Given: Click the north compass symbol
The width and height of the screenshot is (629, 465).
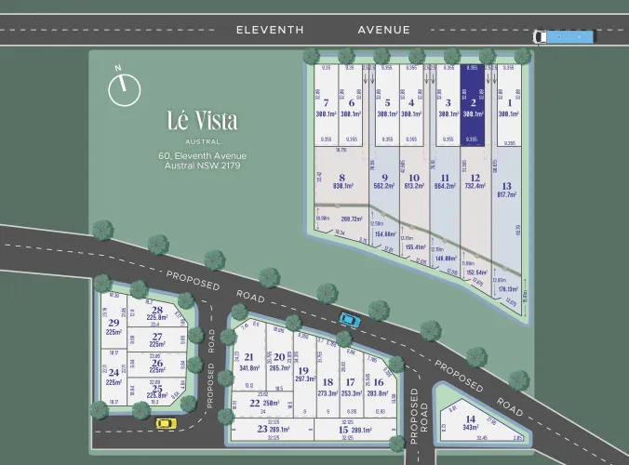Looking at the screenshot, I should [x=124, y=88].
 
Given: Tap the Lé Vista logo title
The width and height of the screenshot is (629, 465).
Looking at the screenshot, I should [x=202, y=121].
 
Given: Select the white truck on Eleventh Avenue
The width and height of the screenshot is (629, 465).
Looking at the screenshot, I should [x=563, y=37].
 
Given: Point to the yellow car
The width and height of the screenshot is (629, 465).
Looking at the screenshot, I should [x=165, y=423].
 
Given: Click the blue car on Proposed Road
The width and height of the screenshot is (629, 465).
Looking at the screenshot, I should [x=349, y=319].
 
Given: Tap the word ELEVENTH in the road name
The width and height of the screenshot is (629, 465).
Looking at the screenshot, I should [x=270, y=30].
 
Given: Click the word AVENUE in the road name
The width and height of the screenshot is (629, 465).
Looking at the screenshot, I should [x=384, y=30].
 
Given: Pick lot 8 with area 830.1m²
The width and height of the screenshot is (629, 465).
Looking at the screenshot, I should [x=341, y=180].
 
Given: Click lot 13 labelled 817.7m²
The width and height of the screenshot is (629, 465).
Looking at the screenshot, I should [x=506, y=190].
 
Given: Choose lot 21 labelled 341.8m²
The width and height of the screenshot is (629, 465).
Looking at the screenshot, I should [x=249, y=363].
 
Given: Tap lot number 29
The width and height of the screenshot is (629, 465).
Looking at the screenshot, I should [x=114, y=326].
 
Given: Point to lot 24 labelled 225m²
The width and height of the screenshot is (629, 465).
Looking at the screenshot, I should [x=114, y=376].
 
